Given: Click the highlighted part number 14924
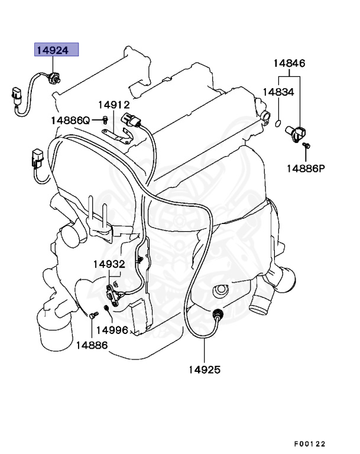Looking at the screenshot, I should click(57, 50).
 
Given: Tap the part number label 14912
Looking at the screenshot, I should click(113, 105).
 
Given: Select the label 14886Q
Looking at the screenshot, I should click(70, 120).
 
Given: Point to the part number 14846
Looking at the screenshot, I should click(289, 63).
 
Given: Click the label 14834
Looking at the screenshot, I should click(278, 92).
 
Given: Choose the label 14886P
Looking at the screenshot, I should click(306, 168).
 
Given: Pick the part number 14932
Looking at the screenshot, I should click(108, 264).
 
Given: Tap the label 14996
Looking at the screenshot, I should click(112, 329).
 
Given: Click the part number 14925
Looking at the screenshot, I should click(205, 370).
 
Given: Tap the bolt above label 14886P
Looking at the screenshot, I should click(306, 145).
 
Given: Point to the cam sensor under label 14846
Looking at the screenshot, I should click(295, 131).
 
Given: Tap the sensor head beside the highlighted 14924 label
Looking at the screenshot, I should click(55, 76).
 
